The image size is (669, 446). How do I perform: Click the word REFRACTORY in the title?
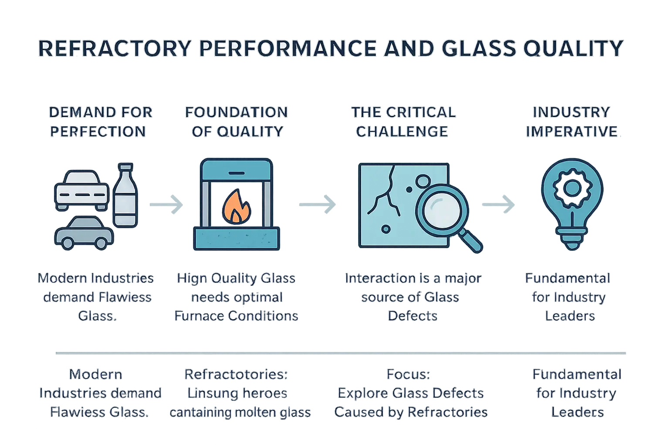pyautogui.click(x=115, y=48)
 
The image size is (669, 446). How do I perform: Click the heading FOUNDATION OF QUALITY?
pyautogui.click(x=237, y=122)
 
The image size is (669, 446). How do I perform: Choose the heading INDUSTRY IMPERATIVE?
pyautogui.click(x=571, y=122)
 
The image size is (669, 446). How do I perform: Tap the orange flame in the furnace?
pyautogui.click(x=235, y=207)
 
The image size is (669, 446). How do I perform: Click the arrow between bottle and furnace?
pyautogui.click(x=166, y=204)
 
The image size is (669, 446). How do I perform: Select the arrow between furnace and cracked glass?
pyautogui.click(x=317, y=204)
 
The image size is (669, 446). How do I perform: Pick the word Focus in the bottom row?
pyautogui.click(x=408, y=374)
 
